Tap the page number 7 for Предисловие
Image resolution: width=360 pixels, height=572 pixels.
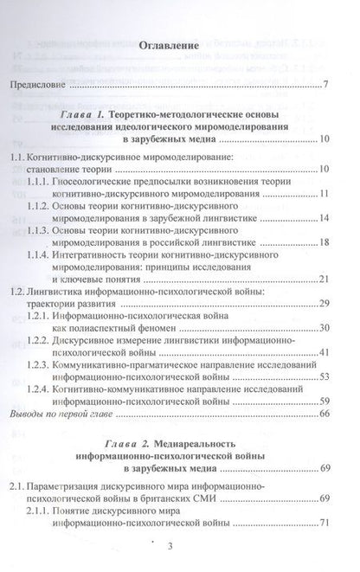tap(323, 84)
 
